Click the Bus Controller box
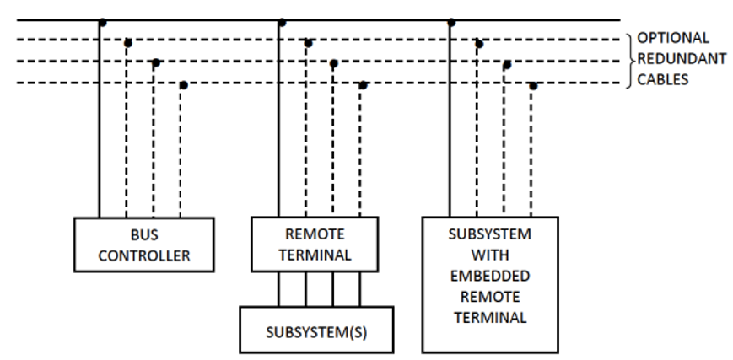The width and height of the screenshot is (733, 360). pos(144,244)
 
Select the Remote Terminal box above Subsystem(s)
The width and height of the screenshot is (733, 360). pos(314,244)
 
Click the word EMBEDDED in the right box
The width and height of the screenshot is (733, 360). pos(489,276)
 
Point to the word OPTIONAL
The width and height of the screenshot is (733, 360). pos(672,38)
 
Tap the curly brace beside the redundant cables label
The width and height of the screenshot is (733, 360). pos(630,59)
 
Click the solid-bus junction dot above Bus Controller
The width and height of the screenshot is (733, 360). pos(102,23)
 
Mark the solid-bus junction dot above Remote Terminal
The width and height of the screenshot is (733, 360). pos(279,23)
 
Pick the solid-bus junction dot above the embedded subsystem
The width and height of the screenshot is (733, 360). pos(451,23)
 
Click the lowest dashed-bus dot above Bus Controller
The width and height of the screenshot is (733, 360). pos(183,84)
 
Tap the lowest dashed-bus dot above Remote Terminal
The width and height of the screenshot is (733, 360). pos(363,84)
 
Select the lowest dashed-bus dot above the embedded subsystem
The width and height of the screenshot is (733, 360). pos(532,84)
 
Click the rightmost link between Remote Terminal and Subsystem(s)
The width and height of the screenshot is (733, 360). pos(360,289)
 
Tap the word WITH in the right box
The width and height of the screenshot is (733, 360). pos(489,255)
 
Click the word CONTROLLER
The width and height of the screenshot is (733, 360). pos(144,255)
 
